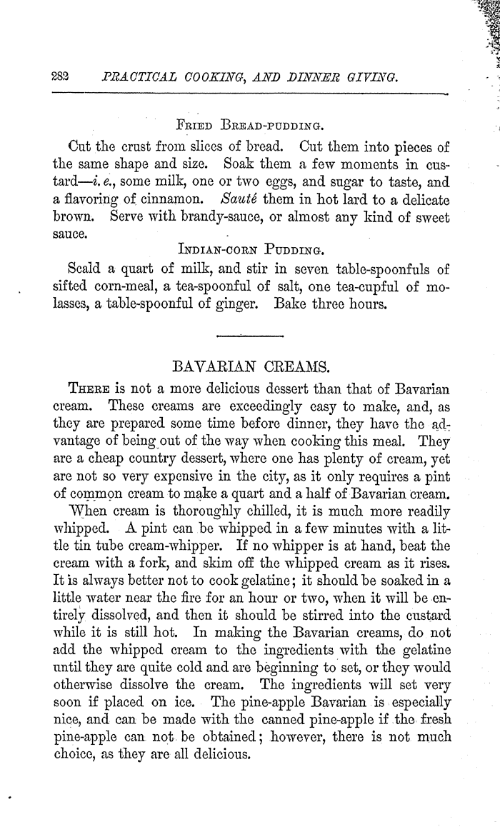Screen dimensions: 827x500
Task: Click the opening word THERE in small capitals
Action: tap(89, 390)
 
